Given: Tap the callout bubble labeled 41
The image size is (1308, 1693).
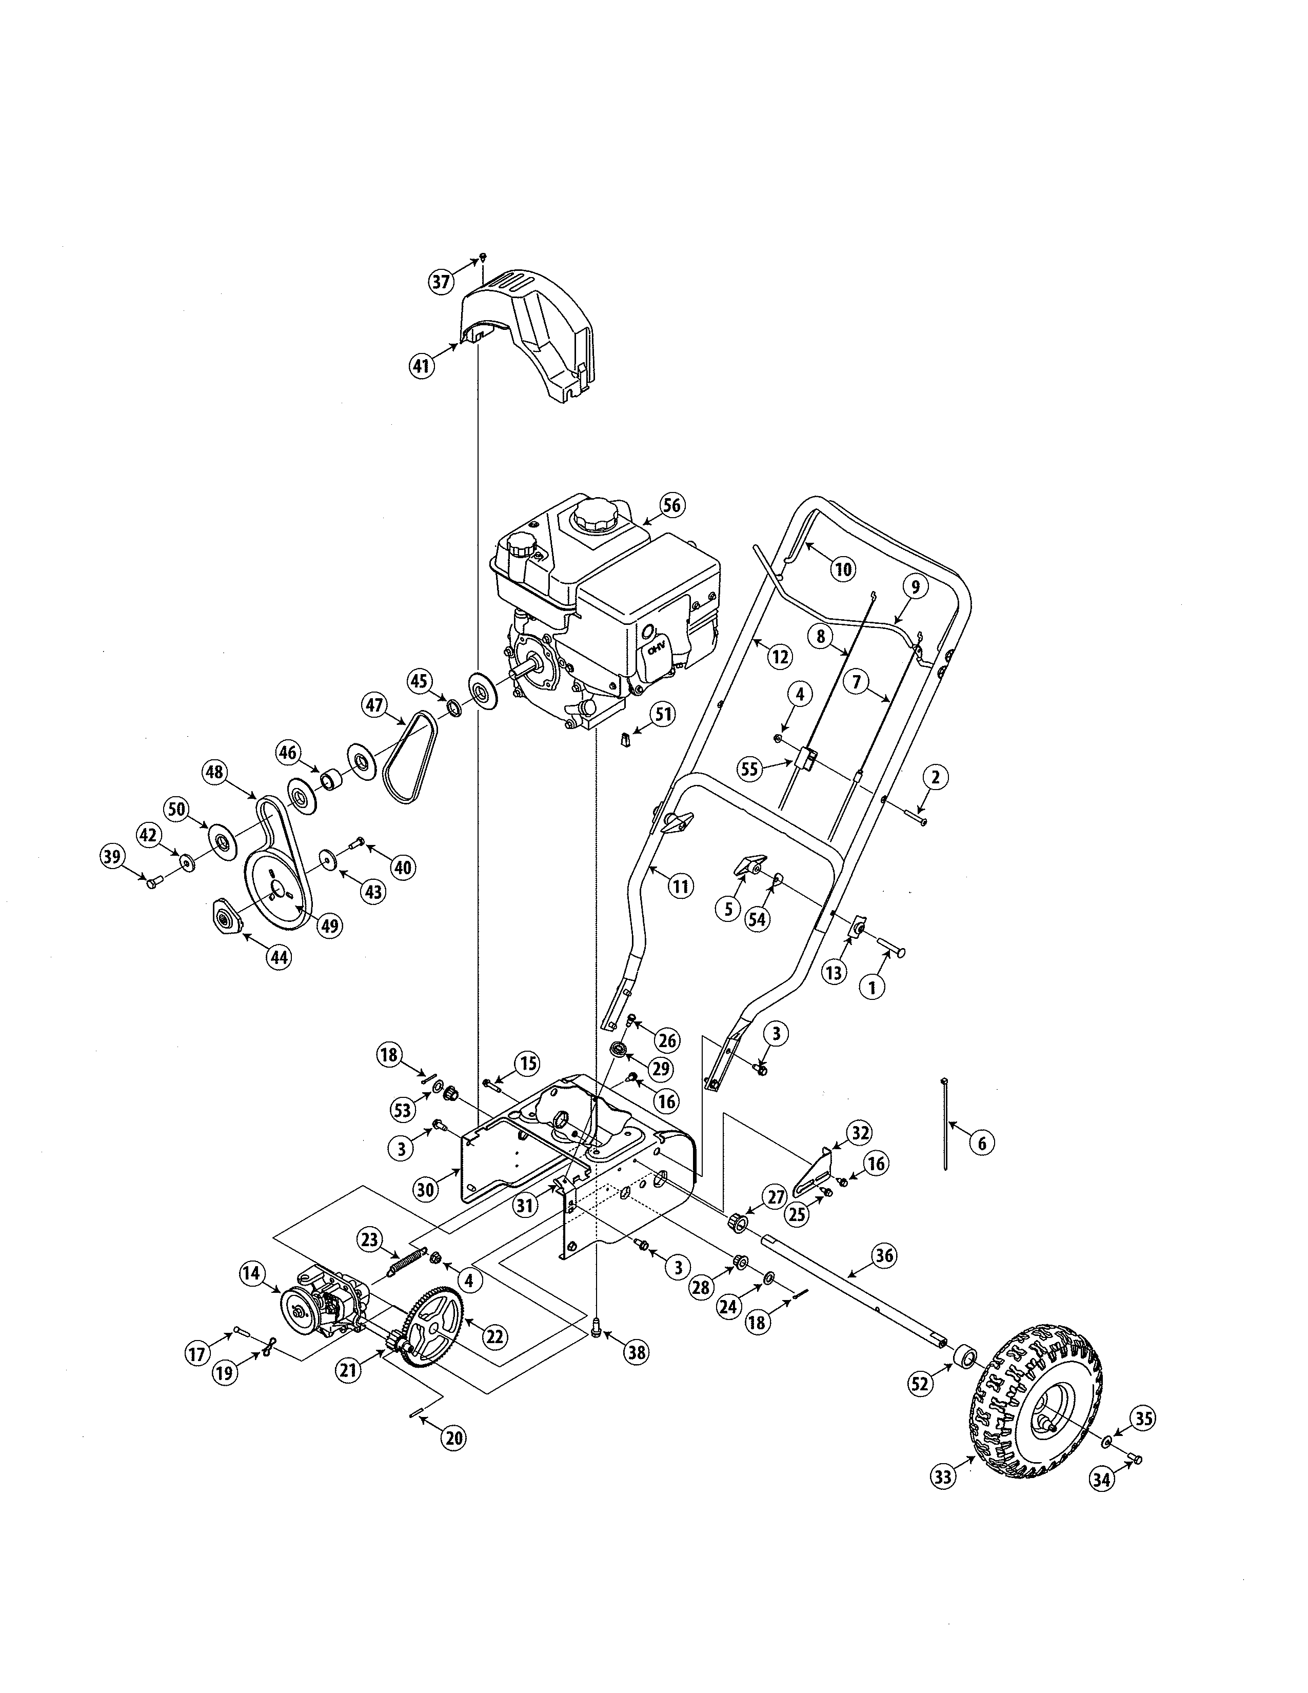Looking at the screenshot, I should [421, 366].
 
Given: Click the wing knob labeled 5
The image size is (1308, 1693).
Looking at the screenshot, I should [750, 864].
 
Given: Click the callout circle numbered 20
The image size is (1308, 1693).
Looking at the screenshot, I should [453, 1438].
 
